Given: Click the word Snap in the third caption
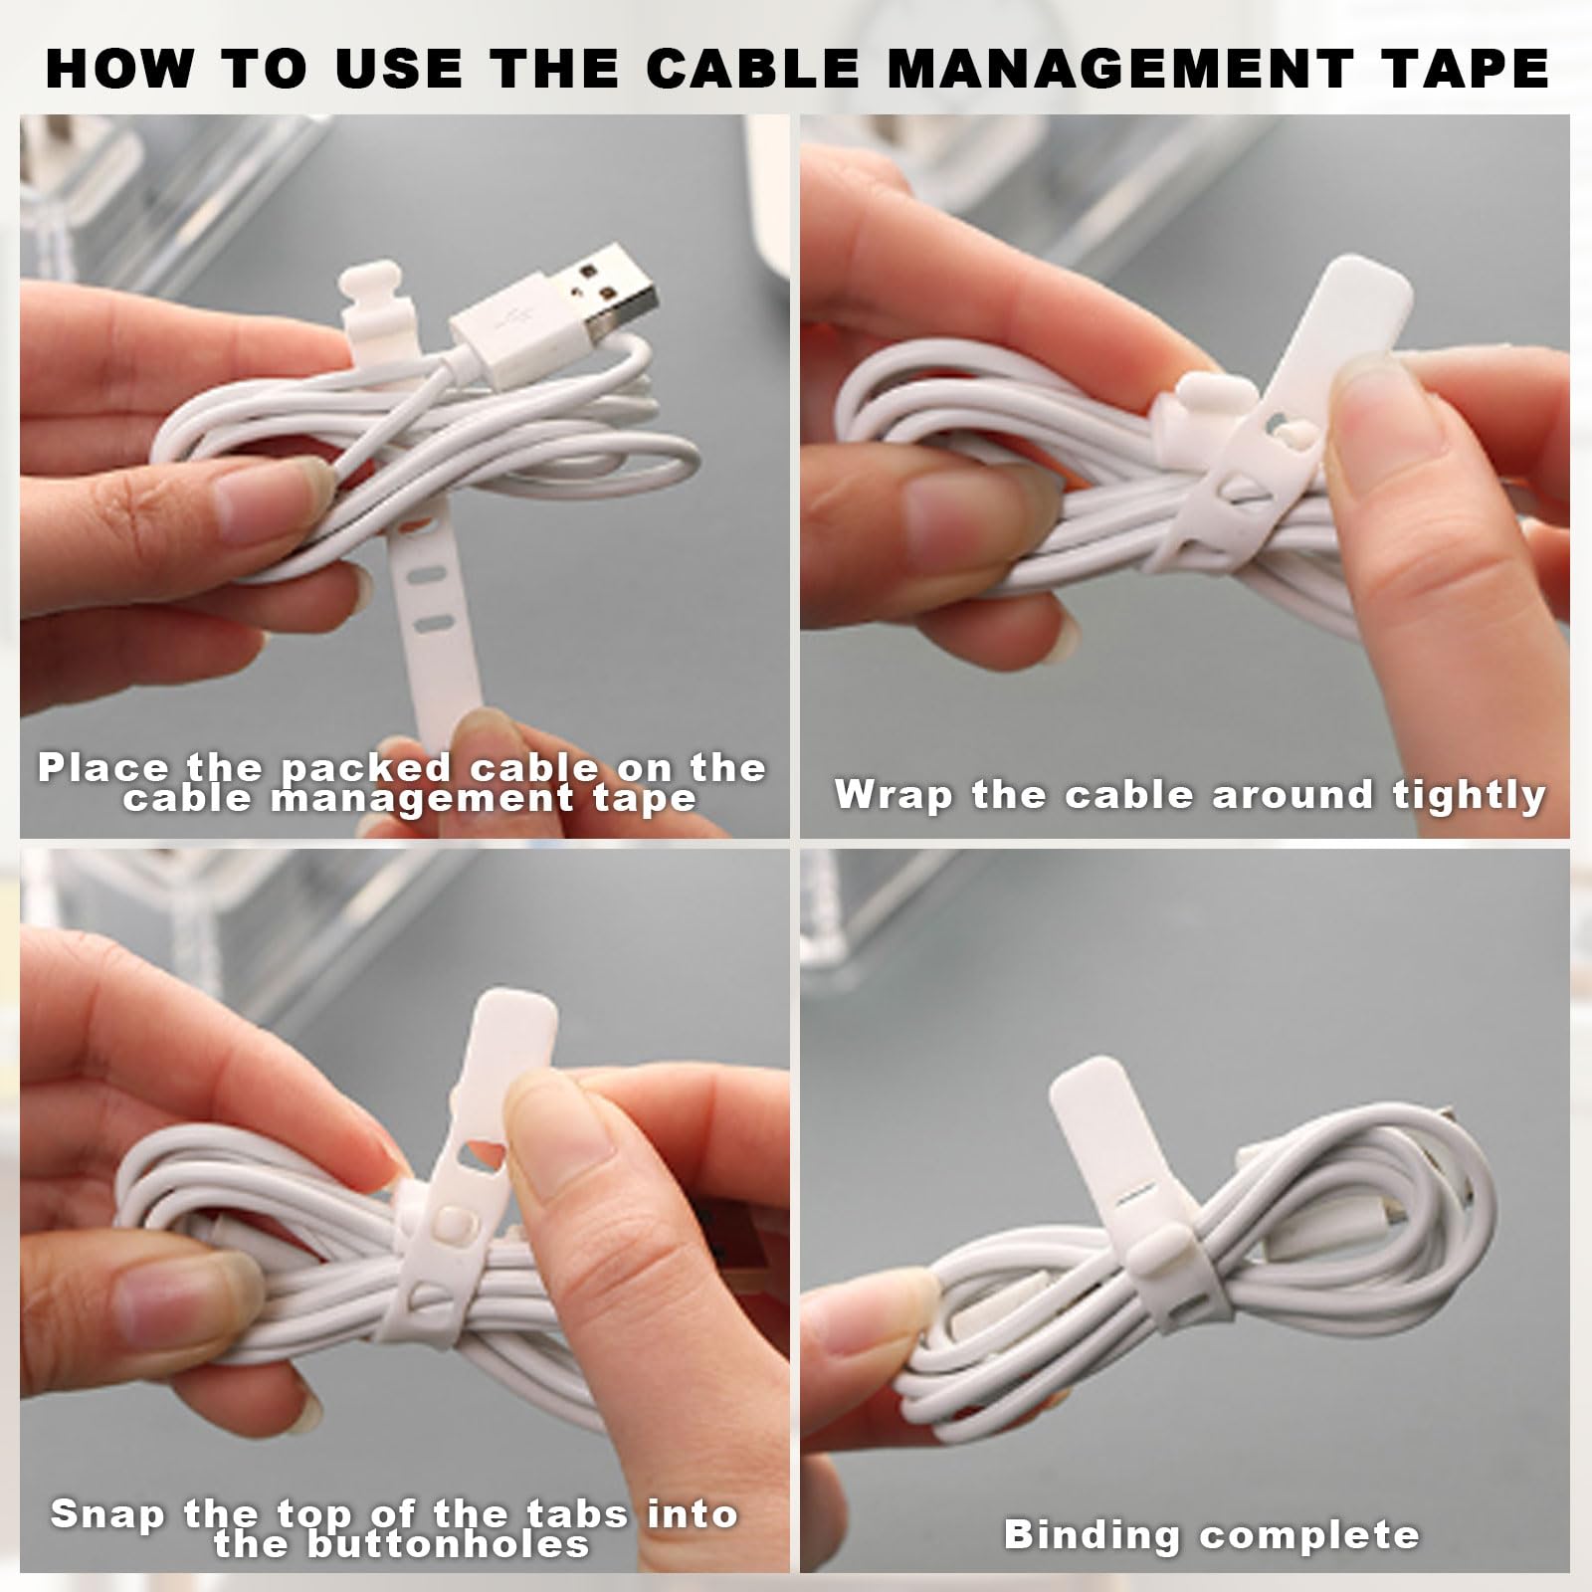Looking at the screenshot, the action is point(107,1515).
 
